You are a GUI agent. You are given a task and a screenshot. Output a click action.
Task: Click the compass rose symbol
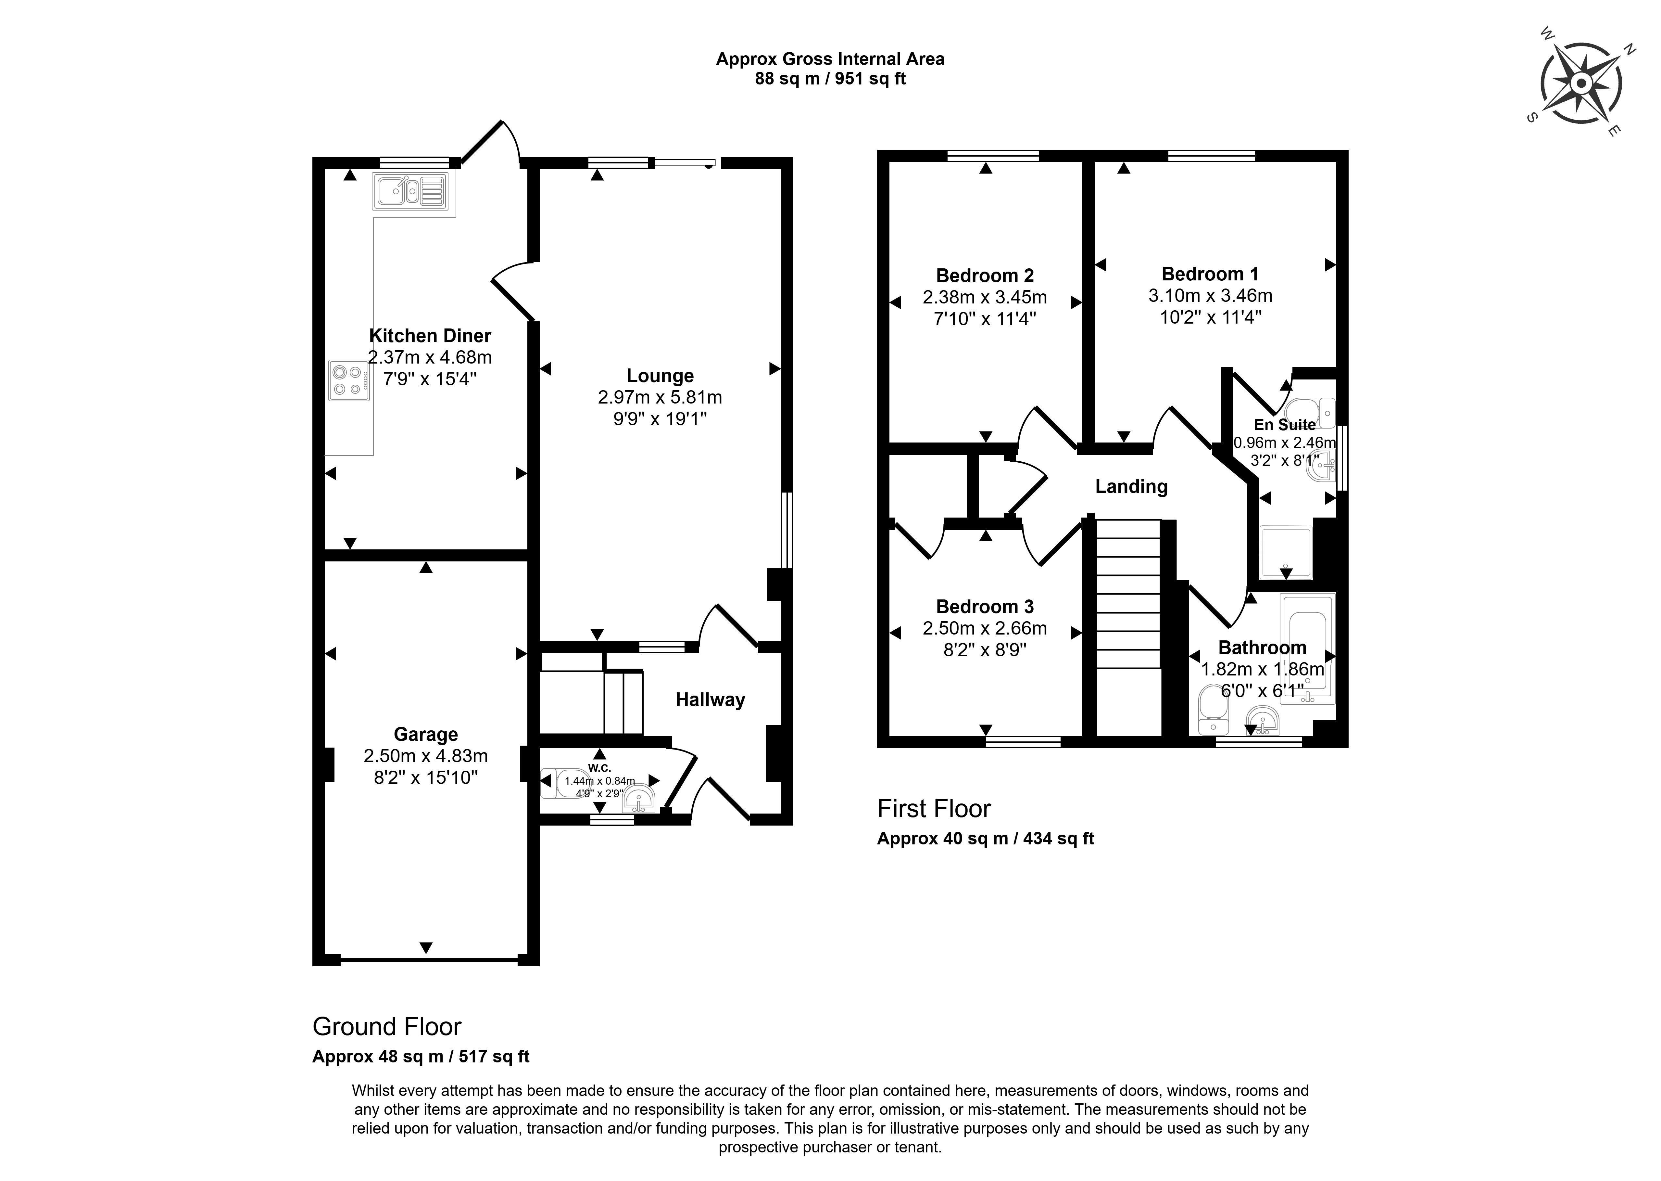1580,84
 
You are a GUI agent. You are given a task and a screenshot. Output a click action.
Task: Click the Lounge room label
660,376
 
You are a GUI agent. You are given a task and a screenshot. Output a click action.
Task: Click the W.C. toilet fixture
567,782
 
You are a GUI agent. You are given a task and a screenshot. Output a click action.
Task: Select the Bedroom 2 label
985,276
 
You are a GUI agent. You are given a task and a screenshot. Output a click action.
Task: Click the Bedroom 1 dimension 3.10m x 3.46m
1210,296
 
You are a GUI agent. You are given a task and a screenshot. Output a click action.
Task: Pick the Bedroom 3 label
985,607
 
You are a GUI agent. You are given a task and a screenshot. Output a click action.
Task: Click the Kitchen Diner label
430,336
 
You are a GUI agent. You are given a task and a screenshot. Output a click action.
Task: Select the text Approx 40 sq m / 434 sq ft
986,839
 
